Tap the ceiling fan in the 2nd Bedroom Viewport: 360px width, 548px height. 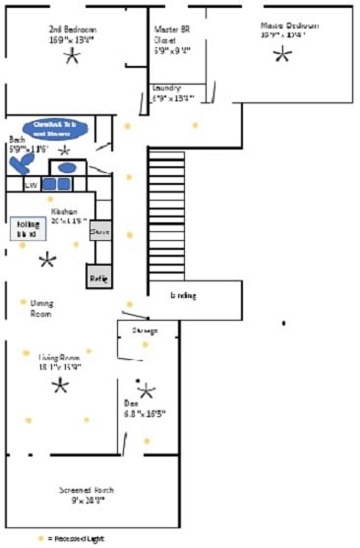tap(71, 57)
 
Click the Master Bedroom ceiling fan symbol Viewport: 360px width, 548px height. tap(282, 55)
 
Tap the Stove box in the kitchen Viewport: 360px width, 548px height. tap(99, 232)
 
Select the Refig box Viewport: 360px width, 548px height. tap(99, 277)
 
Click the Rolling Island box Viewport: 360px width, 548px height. tap(28, 230)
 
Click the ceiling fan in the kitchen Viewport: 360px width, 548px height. tap(46, 260)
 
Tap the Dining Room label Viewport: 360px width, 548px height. tap(41, 308)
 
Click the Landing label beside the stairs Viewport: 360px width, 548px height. tap(183, 295)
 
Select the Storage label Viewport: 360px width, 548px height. tap(146, 331)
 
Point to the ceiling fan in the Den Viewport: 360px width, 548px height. tap(147, 391)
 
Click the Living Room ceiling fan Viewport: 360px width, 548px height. tap(60, 385)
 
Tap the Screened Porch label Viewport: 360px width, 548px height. tap(87, 494)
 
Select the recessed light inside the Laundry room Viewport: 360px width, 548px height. tap(195, 125)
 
